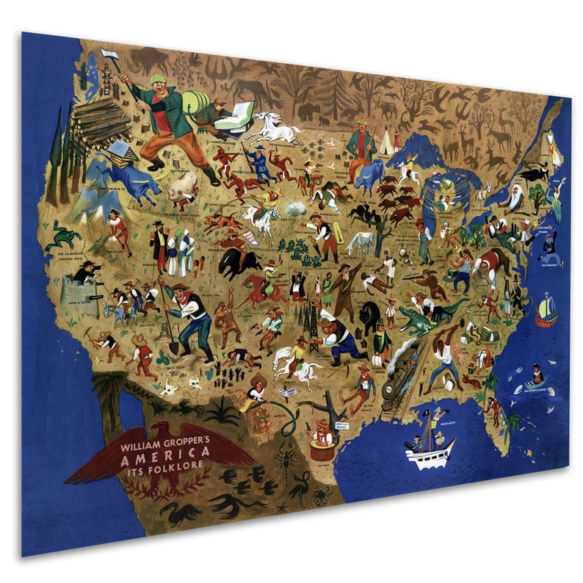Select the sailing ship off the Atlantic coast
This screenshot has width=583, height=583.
pyautogui.click(x=545, y=311)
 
